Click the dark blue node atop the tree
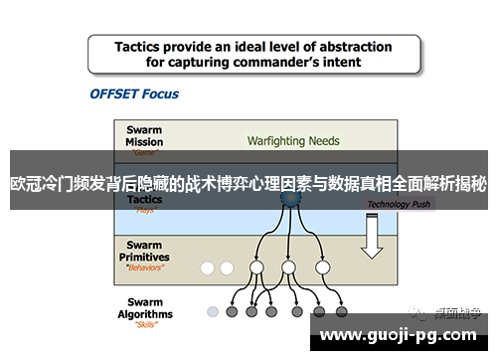(289, 199)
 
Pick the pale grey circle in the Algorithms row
(213, 311)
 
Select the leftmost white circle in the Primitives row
(208, 268)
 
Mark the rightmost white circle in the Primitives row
(322, 268)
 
